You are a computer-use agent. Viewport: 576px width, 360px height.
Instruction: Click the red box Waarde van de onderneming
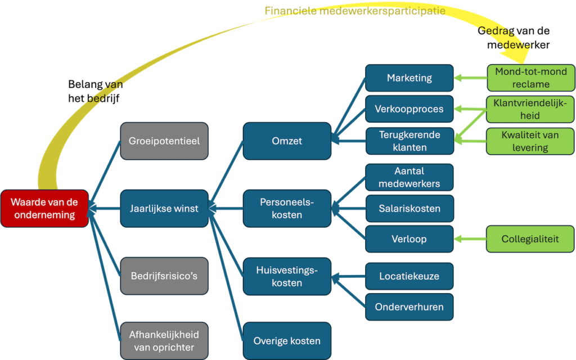(44, 209)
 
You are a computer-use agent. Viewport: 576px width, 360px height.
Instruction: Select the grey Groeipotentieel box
(164, 141)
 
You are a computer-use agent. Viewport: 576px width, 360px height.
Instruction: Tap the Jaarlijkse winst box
(164, 209)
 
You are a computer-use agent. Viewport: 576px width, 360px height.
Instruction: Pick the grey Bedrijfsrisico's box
(164, 276)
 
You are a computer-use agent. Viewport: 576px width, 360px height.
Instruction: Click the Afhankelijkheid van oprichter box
(164, 341)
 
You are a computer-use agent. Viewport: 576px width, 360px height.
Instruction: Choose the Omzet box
(287, 141)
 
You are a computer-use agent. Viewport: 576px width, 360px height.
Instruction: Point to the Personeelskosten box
(287, 209)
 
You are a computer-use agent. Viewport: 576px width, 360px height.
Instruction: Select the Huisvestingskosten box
(287, 276)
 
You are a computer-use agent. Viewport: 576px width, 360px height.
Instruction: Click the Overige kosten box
(287, 341)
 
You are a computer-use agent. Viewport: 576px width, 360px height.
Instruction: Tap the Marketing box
(409, 78)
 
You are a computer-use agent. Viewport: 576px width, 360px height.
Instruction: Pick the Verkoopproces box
(409, 109)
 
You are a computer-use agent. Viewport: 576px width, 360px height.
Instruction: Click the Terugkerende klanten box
(409, 141)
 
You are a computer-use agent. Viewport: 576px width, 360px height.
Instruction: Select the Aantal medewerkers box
(409, 177)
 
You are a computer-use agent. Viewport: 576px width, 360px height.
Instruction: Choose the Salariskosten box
(409, 209)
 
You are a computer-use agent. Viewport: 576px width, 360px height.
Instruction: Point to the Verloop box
(409, 239)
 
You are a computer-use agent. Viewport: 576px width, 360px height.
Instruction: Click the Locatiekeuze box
(409, 276)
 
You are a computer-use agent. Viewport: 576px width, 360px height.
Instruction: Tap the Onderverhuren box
(409, 307)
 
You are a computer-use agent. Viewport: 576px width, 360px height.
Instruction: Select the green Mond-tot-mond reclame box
(530, 78)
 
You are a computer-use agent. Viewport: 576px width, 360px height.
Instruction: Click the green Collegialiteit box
(530, 239)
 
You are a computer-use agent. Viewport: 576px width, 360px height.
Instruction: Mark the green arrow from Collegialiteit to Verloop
(470, 239)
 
